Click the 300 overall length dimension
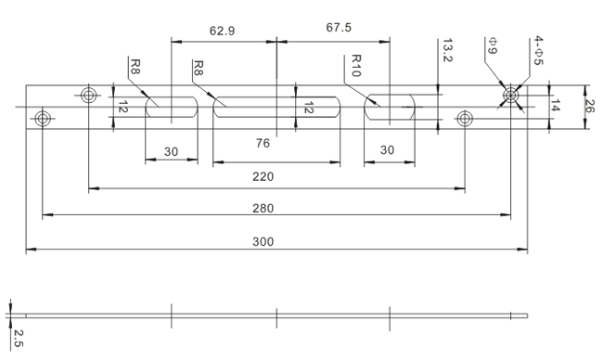263,242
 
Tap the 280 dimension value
263,209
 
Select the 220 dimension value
263,177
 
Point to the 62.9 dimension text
222,31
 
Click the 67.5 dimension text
339,28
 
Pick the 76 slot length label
263,144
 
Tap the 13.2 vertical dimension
447,50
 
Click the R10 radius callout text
356,66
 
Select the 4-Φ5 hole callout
538,51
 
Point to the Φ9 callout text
493,45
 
